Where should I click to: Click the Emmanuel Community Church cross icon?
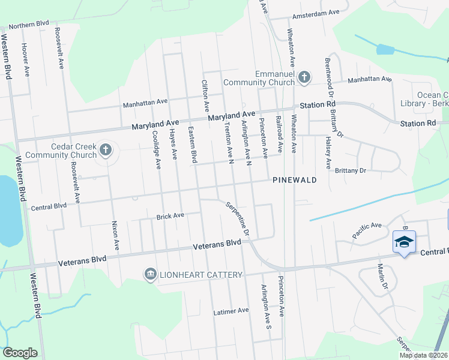coord(304,77)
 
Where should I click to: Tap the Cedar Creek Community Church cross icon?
coord(106,149)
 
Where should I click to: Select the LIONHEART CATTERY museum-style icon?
coord(150,274)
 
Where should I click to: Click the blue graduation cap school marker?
coord(405,242)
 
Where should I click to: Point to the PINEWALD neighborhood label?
coord(294,180)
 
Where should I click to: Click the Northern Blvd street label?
coord(28,25)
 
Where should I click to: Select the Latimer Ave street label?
coord(231,311)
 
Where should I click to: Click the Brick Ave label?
coord(169,216)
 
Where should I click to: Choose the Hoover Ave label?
coord(25,59)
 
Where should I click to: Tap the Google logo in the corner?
coord(20,353)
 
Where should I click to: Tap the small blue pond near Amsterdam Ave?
coord(384,50)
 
